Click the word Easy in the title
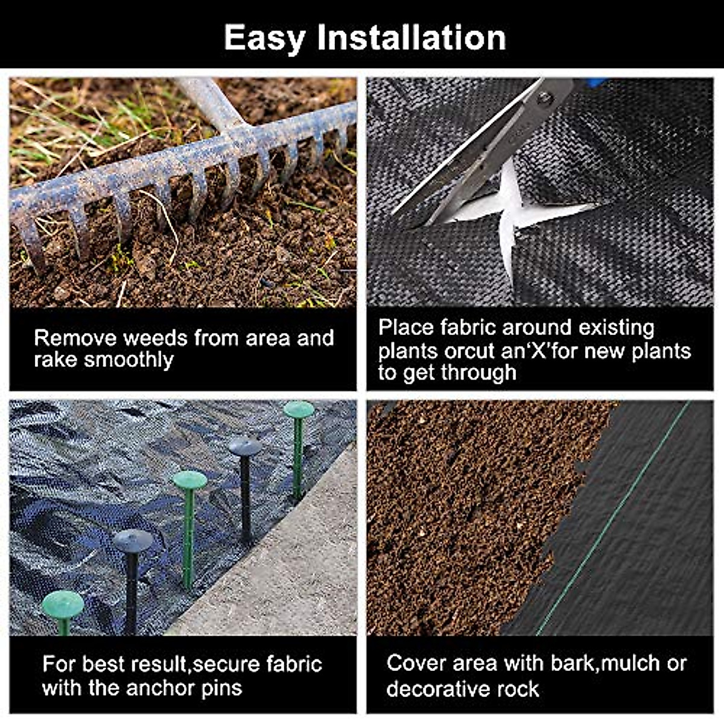tap(264, 37)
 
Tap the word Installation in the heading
tap(411, 37)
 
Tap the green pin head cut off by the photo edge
tap(63, 605)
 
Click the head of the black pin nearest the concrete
tap(245, 446)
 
